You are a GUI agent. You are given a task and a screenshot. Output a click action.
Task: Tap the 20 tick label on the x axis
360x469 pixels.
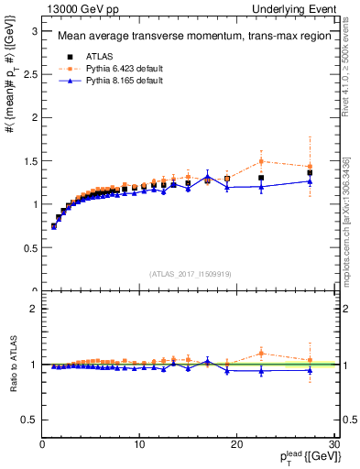pyautogui.click(x=236, y=445)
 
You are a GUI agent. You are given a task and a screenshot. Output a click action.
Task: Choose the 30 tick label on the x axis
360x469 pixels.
pyautogui.click(x=333, y=445)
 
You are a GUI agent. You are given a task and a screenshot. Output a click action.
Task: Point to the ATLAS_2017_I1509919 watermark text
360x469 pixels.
pyautogui.click(x=190, y=273)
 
